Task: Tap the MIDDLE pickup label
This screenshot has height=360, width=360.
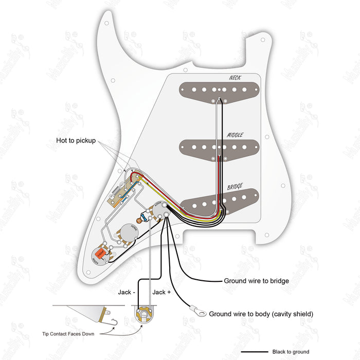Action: tap(235, 136)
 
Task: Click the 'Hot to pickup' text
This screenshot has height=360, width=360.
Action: tap(76, 140)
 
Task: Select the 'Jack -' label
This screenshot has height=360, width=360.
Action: tap(127, 292)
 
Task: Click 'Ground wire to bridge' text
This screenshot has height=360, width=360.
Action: tap(256, 281)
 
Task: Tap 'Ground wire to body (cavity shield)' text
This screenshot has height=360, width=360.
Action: tap(261, 314)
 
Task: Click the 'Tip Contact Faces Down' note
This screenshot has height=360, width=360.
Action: tap(71, 333)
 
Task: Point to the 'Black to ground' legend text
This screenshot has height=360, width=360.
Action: tap(291, 352)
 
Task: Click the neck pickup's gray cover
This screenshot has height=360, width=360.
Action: tap(219, 90)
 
